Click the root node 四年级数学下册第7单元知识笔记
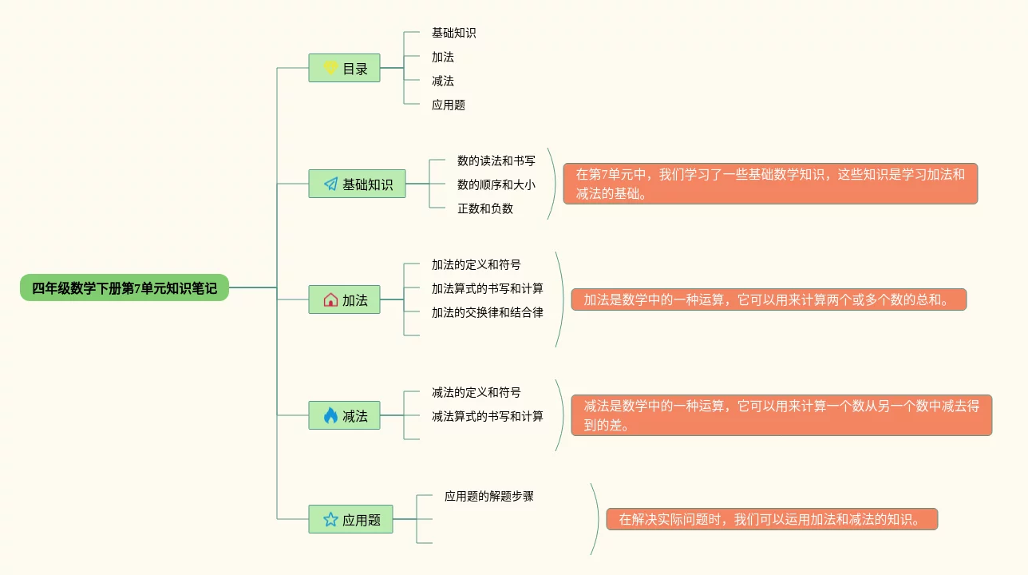point(124,288)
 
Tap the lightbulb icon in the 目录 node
point(330,68)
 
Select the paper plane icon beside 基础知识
point(330,184)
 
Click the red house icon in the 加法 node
point(330,300)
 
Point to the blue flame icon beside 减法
point(330,415)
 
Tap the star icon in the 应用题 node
point(330,520)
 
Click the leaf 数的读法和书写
point(496,161)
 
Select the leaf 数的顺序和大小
point(496,184)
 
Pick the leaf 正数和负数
point(484,208)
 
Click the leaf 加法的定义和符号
point(476,264)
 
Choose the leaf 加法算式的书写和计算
point(487,288)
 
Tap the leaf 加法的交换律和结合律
point(487,312)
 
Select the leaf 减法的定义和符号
point(476,392)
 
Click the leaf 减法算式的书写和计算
point(487,416)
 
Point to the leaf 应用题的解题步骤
point(488,496)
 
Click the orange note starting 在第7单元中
point(770,184)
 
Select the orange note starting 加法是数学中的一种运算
point(769,299)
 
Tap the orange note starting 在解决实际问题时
point(772,519)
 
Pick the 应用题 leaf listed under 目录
point(448,105)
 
